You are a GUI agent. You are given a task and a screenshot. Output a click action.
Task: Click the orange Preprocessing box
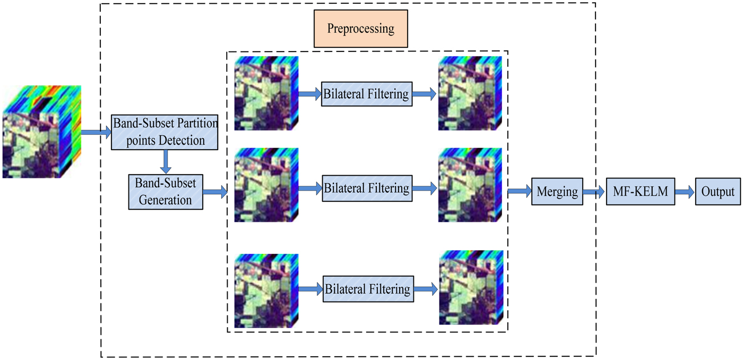tap(360, 29)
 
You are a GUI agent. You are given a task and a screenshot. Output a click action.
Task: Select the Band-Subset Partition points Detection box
tap(165, 132)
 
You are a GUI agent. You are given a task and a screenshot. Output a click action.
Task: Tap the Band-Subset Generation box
tap(166, 192)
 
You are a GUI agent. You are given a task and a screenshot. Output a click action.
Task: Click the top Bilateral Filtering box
tap(367, 94)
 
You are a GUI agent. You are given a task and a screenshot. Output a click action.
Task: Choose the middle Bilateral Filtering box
tap(367, 188)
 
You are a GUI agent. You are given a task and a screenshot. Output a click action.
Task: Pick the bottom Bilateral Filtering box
tap(368, 289)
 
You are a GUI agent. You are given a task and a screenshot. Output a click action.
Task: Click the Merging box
tap(557, 192)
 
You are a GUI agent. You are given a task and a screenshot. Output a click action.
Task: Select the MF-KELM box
tap(641, 192)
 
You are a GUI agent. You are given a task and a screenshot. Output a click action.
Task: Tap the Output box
tap(718, 192)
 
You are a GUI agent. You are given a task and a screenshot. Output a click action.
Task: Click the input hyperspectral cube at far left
tap(41, 131)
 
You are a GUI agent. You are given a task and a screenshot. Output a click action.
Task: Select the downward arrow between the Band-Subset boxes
tap(166, 161)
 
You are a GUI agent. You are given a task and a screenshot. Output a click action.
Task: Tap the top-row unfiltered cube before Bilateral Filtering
tap(266, 93)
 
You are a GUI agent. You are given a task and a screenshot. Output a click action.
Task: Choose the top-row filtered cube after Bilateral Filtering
tap(471, 93)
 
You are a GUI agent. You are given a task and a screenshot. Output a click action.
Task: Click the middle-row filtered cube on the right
tap(471, 185)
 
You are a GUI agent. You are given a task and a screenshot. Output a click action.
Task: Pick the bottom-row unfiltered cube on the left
tap(266, 289)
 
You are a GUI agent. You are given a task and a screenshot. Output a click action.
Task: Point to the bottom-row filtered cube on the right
tap(471, 287)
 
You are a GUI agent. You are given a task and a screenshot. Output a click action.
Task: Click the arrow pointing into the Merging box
tap(520, 192)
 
